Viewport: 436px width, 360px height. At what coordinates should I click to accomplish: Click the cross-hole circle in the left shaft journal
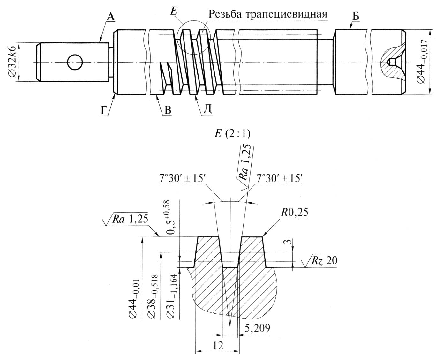pyautogui.click(x=75, y=62)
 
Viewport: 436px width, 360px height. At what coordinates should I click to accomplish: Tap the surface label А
pyautogui.click(x=110, y=18)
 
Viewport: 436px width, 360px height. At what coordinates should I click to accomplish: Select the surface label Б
pyautogui.click(x=356, y=16)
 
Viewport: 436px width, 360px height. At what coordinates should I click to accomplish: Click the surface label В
pyautogui.click(x=168, y=110)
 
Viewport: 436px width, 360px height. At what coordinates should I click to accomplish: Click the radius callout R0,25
pyautogui.click(x=294, y=213)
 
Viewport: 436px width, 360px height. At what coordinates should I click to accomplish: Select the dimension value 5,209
pyautogui.click(x=258, y=328)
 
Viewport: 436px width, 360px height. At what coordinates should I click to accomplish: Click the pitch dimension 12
pyautogui.click(x=217, y=345)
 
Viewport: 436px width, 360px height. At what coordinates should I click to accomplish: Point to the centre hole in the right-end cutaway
pyautogui.click(x=391, y=62)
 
